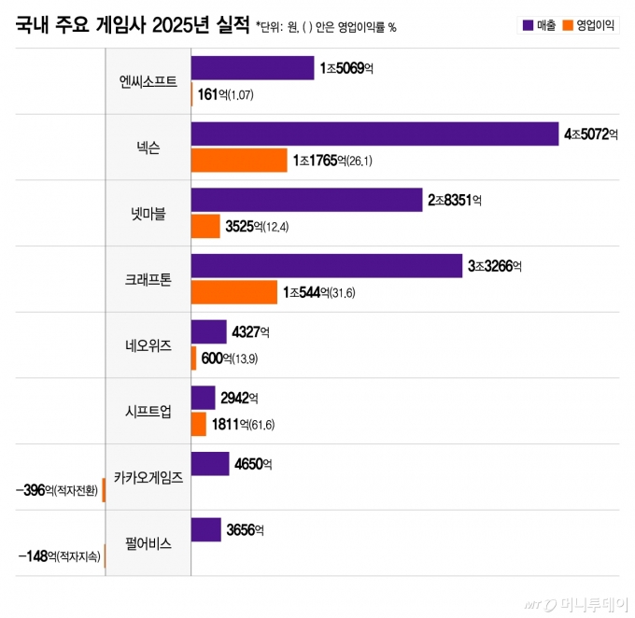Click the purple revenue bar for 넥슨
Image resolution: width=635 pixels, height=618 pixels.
pos(374,134)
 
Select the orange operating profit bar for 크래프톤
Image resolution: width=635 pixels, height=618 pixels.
pos(233,292)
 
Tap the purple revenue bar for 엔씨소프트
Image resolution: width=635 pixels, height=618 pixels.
pos(252,68)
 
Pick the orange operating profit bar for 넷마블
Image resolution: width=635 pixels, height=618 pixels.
pos(205,226)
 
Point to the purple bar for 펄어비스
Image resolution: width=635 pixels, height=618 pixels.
pos(205,529)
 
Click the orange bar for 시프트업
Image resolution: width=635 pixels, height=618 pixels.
pos(198,424)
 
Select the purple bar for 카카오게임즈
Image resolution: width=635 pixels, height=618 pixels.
pos(209,463)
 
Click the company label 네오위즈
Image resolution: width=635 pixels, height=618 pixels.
pos(148,344)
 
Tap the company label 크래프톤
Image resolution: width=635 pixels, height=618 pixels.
pos(148,279)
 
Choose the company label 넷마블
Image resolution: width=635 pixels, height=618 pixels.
pos(148,213)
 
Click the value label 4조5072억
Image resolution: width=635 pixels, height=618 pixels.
pos(591,134)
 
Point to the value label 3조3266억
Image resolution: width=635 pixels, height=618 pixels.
pos(494,266)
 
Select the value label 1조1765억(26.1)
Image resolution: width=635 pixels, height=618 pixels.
pos(332,161)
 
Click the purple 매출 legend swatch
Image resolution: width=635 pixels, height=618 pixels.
pos(528,25)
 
